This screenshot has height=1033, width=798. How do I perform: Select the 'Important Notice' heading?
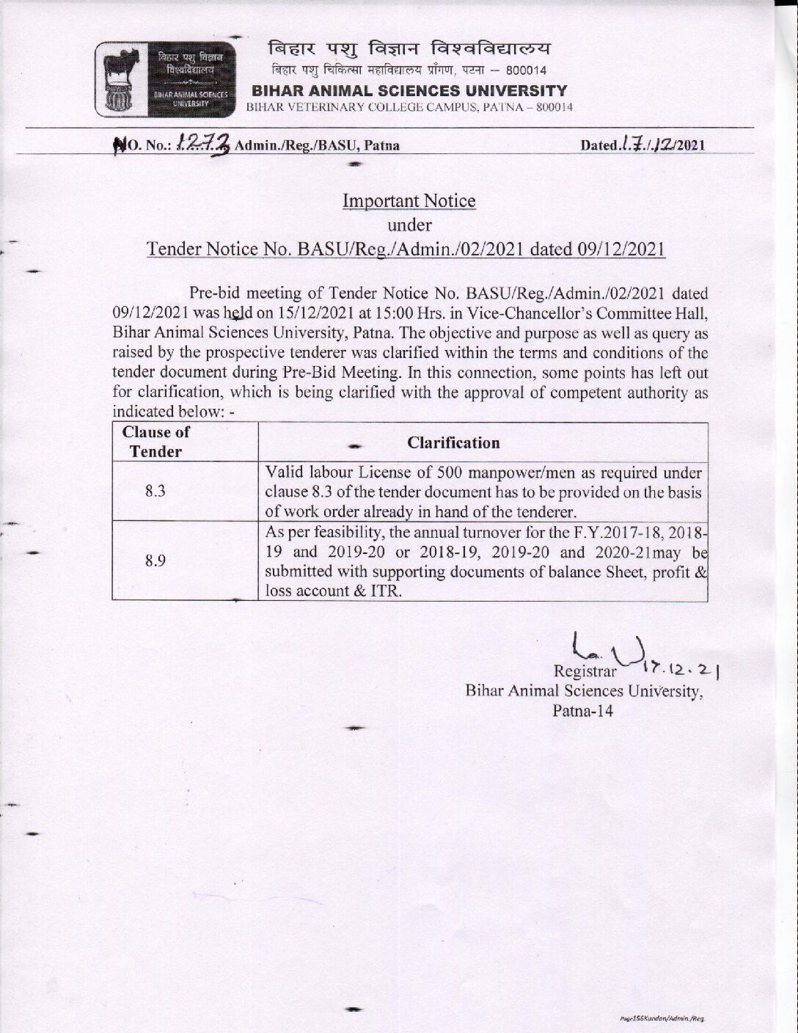pyautogui.click(x=409, y=200)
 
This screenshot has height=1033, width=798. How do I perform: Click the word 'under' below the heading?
pyautogui.click(x=409, y=225)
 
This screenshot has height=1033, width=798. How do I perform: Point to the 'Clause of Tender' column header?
pyautogui.click(x=155, y=442)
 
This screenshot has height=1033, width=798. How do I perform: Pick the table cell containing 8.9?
pyautogui.click(x=155, y=561)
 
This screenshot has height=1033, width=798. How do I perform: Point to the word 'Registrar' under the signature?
pyautogui.click(x=580, y=673)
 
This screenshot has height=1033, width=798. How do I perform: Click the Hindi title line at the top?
pyautogui.click(x=409, y=48)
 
